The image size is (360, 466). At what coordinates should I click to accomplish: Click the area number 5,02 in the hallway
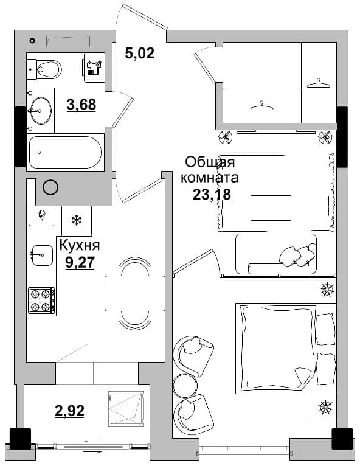click(x=140, y=54)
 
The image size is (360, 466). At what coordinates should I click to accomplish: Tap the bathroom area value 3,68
click(x=81, y=105)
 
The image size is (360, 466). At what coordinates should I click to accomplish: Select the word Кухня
click(x=80, y=246)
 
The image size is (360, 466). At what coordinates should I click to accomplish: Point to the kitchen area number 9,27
click(x=80, y=262)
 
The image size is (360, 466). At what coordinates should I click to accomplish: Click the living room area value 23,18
click(x=212, y=194)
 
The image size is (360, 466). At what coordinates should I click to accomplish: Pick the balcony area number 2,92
click(x=69, y=411)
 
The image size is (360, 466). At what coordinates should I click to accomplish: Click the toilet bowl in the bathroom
click(x=49, y=69)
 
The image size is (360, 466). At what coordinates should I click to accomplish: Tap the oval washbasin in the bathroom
click(x=41, y=110)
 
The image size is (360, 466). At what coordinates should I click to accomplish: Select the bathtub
click(x=65, y=152)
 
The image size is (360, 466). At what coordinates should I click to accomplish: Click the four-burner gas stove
click(x=41, y=301)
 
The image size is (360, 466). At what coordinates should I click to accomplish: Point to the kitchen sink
click(x=42, y=256)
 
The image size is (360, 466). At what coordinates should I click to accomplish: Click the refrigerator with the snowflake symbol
click(x=77, y=220)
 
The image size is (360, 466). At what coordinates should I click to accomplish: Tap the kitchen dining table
click(x=135, y=293)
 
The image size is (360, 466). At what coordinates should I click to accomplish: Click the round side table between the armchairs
click(x=184, y=384)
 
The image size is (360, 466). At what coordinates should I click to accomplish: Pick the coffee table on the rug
click(x=271, y=207)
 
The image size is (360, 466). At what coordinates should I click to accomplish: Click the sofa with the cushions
click(x=276, y=254)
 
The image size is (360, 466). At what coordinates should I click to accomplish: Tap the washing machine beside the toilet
click(x=94, y=68)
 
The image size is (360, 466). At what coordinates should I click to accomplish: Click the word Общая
click(x=210, y=162)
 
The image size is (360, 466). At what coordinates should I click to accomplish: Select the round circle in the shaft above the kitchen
click(x=50, y=187)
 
